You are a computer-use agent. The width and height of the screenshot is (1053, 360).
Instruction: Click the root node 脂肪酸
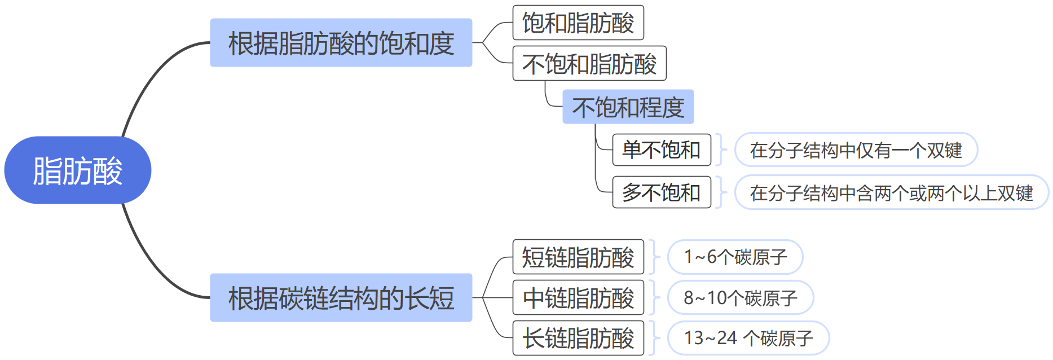[78, 170]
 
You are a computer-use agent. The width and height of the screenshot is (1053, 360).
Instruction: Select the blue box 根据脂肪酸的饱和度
[341, 43]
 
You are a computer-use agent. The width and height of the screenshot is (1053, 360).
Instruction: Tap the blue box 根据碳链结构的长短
[341, 298]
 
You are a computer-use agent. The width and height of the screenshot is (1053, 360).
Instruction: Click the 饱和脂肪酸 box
[578, 23]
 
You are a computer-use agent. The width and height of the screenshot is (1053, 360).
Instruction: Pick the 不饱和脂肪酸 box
[589, 63]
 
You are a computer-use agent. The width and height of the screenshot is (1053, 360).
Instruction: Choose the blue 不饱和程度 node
[628, 107]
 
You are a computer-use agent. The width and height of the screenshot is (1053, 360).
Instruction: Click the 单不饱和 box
[661, 150]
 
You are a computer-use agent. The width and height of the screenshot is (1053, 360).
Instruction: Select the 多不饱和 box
[661, 192]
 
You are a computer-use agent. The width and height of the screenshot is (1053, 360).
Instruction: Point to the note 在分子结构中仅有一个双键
[856, 150]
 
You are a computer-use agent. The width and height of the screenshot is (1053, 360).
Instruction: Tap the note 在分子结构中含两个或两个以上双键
[891, 193]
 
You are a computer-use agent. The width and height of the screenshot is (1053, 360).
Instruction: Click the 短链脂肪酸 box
[578, 257]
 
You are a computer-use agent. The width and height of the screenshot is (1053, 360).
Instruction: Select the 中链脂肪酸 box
[578, 297]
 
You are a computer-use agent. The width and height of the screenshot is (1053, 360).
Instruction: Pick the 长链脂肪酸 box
[578, 338]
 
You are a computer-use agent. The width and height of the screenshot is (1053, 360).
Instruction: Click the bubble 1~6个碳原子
[735, 257]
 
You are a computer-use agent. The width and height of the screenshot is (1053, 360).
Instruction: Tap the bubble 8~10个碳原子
[740, 298]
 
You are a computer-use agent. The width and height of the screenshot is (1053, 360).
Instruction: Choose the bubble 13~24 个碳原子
[748, 338]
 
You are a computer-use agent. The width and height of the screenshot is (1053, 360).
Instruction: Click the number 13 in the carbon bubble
[694, 338]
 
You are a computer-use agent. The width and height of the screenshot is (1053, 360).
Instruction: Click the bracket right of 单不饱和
[720, 150]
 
